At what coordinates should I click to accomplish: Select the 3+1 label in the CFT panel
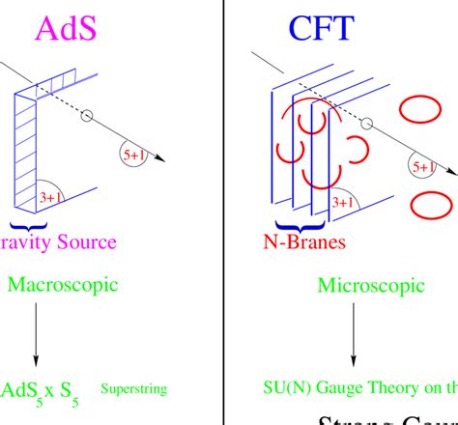pos(343,203)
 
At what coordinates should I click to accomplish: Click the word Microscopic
pos(371,285)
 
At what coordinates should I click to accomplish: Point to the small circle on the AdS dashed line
pos(87,116)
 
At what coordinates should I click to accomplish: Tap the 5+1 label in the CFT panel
pos(423,166)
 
